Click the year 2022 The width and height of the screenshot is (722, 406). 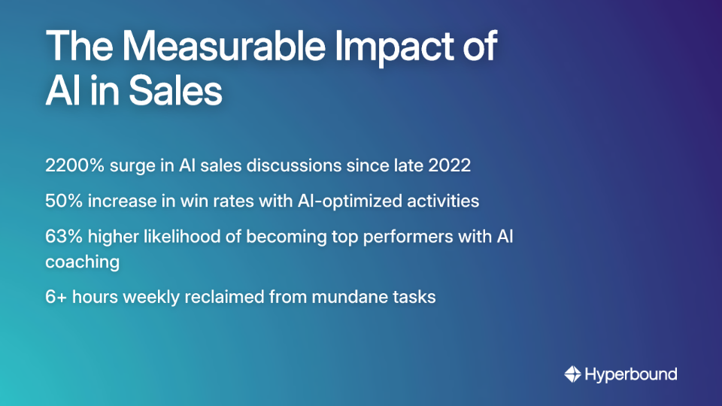(x=448, y=165)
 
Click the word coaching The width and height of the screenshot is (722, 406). (x=82, y=262)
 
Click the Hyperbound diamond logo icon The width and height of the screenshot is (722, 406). (x=572, y=374)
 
